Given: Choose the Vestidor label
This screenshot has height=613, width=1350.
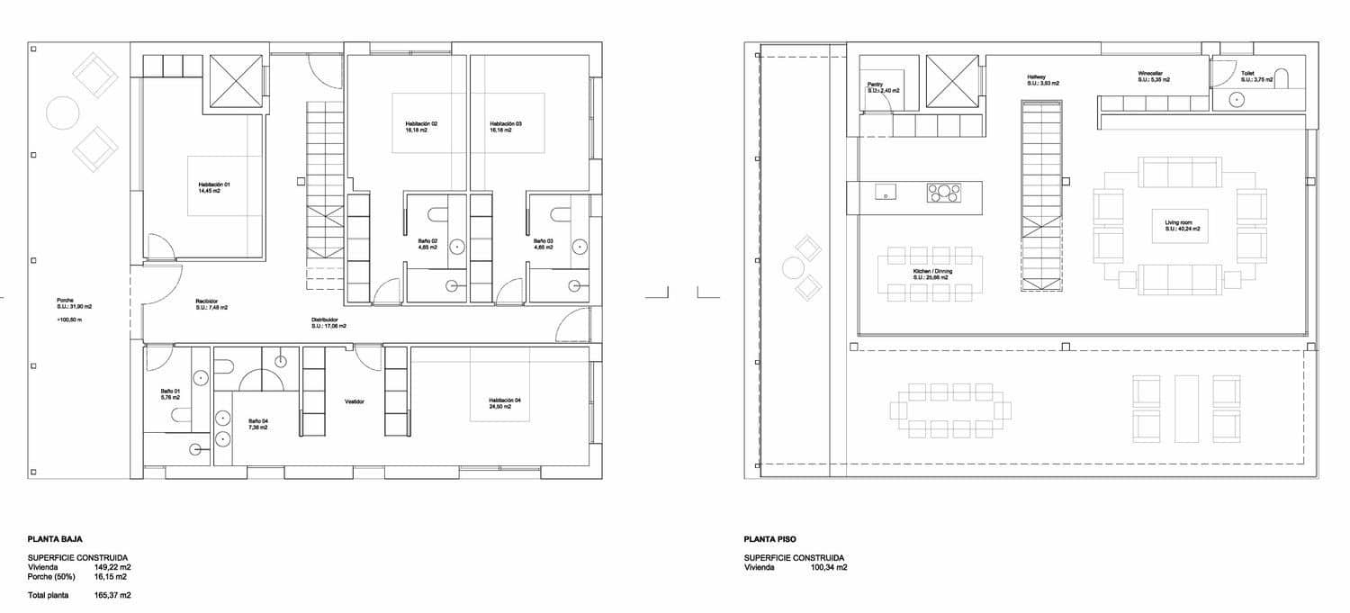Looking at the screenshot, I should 354,401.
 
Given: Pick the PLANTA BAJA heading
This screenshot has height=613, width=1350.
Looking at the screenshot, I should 55,539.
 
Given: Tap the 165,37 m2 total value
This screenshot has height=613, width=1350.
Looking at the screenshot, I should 112,596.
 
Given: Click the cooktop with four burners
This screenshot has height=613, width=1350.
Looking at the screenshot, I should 944,192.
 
